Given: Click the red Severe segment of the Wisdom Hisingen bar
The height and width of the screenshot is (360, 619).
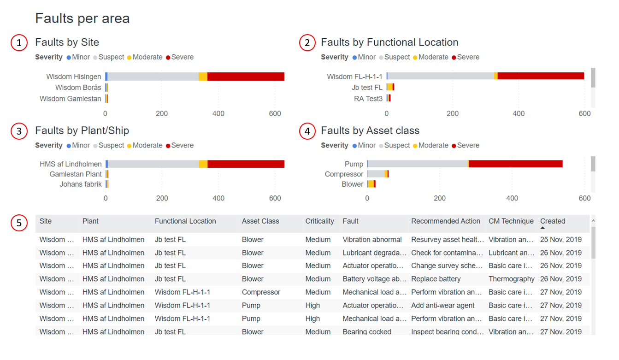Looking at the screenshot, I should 246,77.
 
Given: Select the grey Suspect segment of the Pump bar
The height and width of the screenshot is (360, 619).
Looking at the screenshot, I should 418,164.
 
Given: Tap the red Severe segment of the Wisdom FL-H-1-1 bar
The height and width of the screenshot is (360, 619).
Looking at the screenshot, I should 541,76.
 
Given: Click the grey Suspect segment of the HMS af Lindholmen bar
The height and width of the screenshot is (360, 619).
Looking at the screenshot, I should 153,164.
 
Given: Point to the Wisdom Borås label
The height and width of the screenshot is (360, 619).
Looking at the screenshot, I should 78,88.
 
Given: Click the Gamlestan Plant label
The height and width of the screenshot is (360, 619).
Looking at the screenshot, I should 76,174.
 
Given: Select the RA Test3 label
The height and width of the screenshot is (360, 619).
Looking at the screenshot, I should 368,99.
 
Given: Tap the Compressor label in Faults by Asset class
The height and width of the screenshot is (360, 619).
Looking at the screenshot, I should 344,174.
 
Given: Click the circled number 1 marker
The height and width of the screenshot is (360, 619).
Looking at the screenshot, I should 19,43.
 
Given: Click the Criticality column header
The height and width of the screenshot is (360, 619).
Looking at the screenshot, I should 319,221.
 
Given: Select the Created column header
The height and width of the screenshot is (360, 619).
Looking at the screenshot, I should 552,221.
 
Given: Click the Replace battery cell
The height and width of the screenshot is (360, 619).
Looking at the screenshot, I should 436,279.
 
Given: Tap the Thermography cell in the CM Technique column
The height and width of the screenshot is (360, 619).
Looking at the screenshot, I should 511,279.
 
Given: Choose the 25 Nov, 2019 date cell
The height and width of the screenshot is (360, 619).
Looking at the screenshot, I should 560,240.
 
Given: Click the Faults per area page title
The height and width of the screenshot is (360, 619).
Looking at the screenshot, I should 83,18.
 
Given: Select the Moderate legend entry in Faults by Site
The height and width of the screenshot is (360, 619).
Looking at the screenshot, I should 147,57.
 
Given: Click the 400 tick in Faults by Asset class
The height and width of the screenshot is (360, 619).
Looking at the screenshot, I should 512,198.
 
